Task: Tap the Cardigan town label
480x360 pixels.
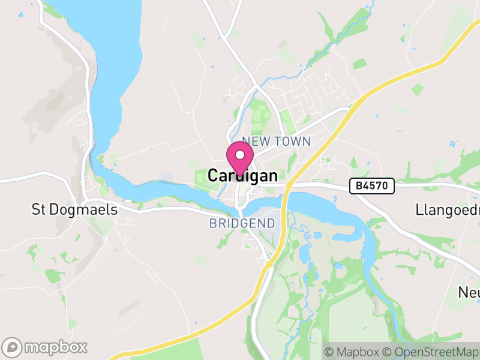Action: coord(243,176)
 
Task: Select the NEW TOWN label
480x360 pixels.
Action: coord(277,142)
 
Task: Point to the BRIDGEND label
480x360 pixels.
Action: coord(242,223)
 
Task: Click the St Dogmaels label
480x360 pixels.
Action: coord(74,210)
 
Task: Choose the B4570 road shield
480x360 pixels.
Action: coord(372,187)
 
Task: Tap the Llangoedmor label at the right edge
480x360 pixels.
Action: coord(447,210)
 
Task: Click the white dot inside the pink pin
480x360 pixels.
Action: coord(240,155)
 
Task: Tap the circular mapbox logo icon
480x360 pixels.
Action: coord(13,347)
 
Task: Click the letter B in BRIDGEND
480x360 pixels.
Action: coord(212,223)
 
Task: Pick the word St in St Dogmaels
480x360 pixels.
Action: coord(39,210)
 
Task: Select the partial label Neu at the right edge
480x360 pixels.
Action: coord(469,292)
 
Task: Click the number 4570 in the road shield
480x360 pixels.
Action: coord(376,187)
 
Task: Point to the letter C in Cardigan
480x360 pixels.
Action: coord(213,176)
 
